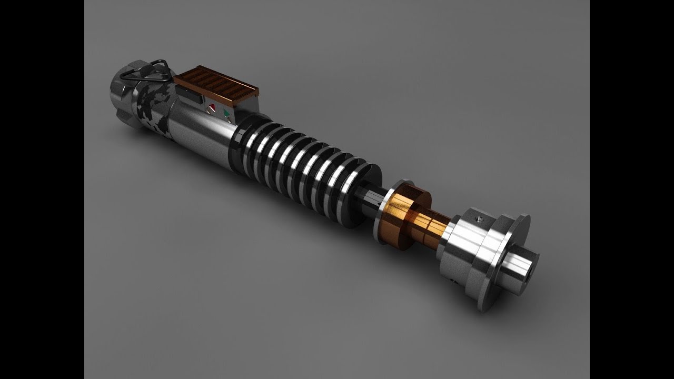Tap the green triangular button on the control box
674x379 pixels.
coord(227,112)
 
